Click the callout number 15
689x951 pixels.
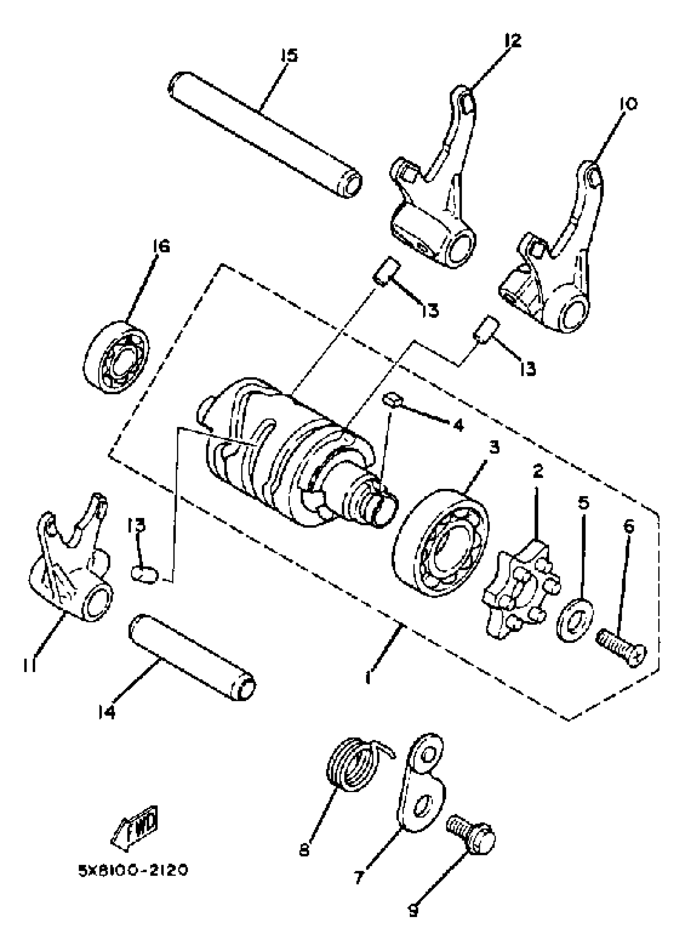289,56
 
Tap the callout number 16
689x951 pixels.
161,246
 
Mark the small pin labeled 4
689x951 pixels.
391,400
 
